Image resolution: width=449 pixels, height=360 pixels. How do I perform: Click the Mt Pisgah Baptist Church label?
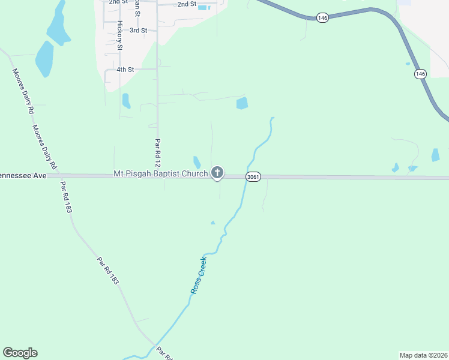click(x=160, y=174)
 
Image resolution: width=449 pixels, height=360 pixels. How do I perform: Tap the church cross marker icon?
click(x=217, y=173)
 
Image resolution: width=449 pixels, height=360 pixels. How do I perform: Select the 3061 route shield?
click(x=253, y=177)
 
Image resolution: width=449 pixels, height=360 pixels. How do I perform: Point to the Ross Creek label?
click(x=199, y=275)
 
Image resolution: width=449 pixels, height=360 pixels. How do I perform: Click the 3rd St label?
click(x=138, y=30)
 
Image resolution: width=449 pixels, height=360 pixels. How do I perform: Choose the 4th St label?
click(x=125, y=70)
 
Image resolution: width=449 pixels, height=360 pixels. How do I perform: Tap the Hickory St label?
click(x=120, y=35)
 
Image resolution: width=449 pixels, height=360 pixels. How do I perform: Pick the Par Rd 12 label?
click(x=158, y=154)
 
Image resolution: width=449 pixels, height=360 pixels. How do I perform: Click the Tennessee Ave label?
click(x=23, y=176)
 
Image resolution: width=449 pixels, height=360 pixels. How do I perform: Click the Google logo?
click(x=20, y=353)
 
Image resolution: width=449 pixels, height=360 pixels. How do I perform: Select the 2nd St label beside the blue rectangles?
click(x=187, y=4)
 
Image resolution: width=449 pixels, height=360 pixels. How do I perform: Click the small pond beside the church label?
click(x=197, y=162)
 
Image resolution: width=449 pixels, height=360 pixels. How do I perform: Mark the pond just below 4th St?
click(x=126, y=100)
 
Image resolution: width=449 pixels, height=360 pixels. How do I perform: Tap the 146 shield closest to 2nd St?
click(x=323, y=19)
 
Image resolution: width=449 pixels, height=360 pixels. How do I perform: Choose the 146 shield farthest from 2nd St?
click(x=420, y=74)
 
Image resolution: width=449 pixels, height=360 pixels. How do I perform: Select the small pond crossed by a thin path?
click(x=411, y=169)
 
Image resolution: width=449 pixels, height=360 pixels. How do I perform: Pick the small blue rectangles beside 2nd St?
click(x=205, y=7)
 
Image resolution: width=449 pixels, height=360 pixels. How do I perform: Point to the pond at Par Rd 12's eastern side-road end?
click(x=242, y=103)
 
